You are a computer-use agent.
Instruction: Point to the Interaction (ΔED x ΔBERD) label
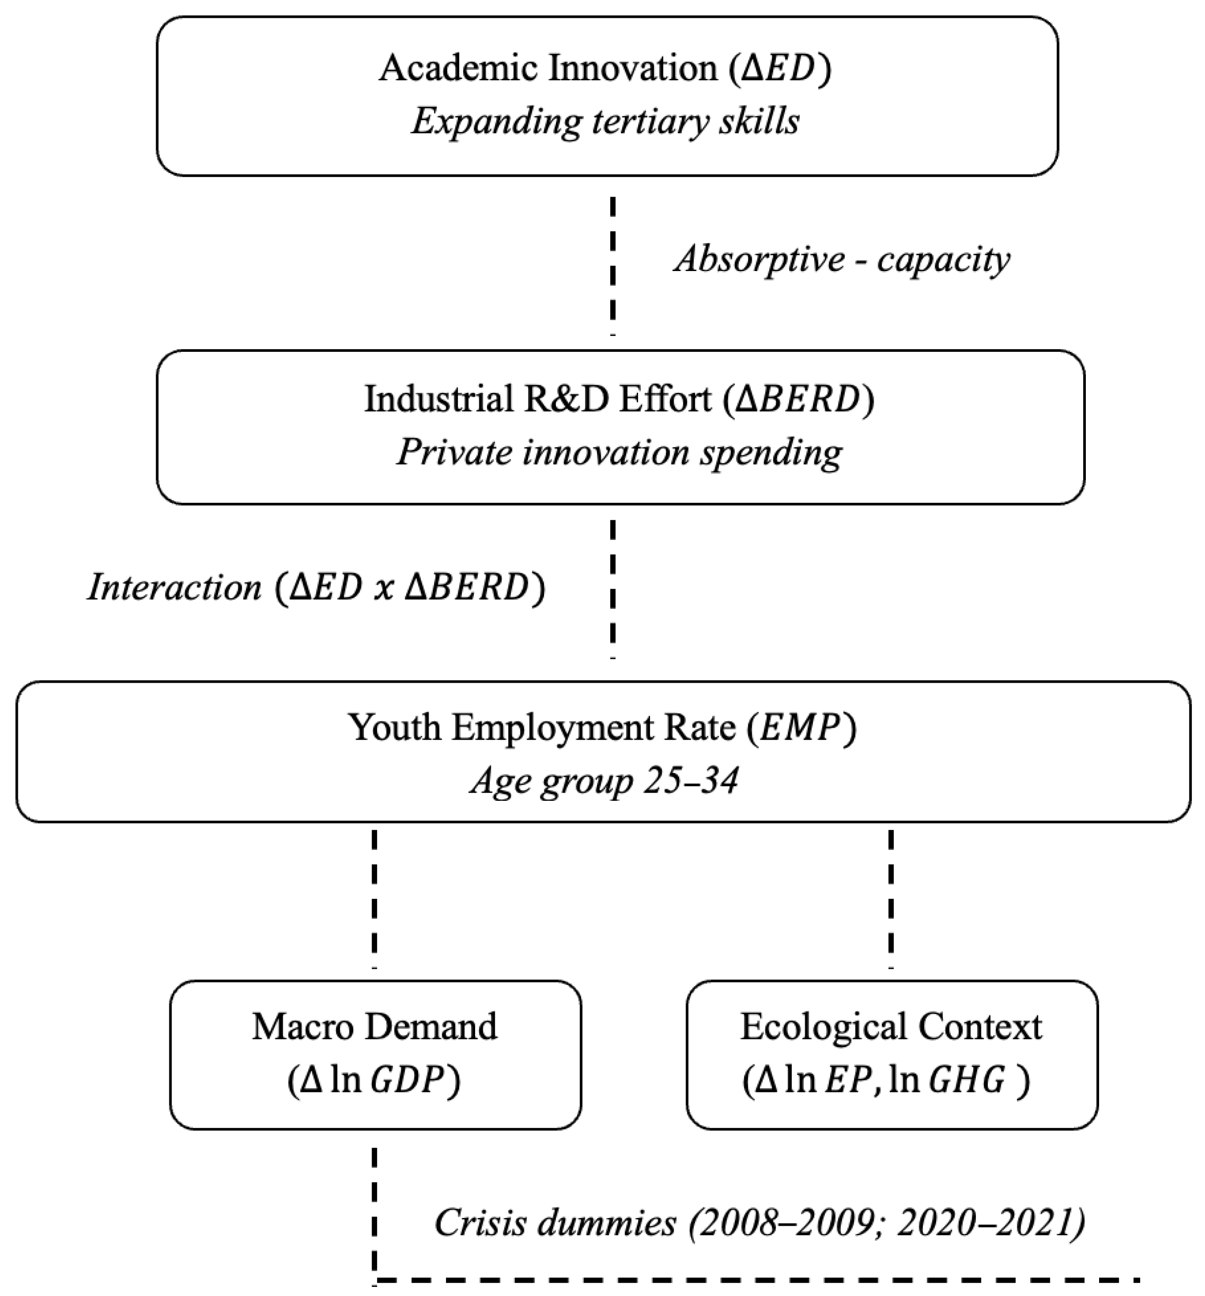click(316, 587)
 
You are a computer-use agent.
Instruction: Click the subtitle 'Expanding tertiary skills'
click(605, 122)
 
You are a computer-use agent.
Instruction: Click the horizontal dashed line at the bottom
click(756, 1280)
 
